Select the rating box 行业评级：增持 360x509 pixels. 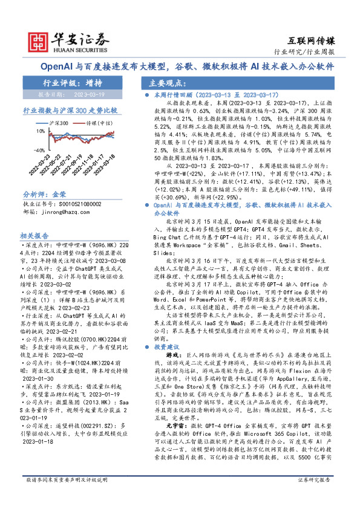(72, 83)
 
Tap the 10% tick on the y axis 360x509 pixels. (40, 131)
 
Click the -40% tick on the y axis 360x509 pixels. (39, 149)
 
